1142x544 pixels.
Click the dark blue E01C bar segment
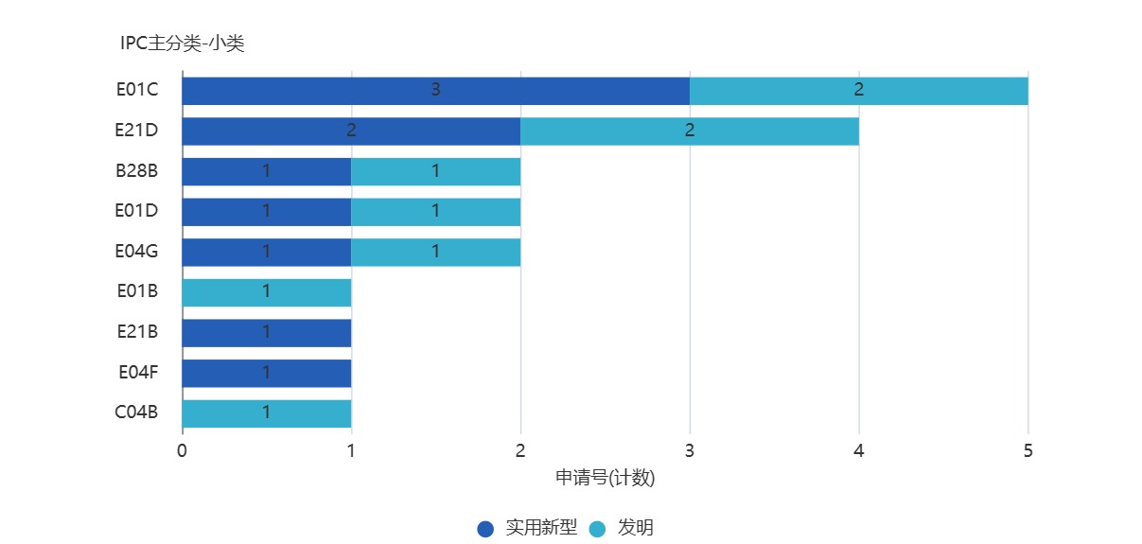(435, 91)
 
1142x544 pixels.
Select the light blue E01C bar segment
(858, 91)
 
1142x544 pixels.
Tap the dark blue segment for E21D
(351, 131)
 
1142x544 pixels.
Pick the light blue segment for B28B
(435, 171)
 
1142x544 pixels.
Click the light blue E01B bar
(266, 292)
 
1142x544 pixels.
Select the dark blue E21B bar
(266, 333)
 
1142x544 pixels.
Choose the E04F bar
(266, 373)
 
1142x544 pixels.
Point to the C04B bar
(266, 413)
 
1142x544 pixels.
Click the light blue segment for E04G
(435, 252)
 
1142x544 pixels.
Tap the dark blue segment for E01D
(266, 212)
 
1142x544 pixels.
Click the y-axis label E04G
(137, 251)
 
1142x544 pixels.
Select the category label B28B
(137, 170)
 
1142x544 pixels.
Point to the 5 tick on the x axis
(1028, 451)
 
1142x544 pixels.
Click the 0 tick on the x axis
(182, 451)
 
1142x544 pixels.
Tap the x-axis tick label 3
(690, 451)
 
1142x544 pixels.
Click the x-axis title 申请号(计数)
(605, 479)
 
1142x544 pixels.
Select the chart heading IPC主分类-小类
(183, 43)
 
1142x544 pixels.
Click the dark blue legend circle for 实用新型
(485, 529)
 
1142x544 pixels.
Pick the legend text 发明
(636, 528)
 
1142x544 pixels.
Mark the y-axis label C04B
(137, 412)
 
